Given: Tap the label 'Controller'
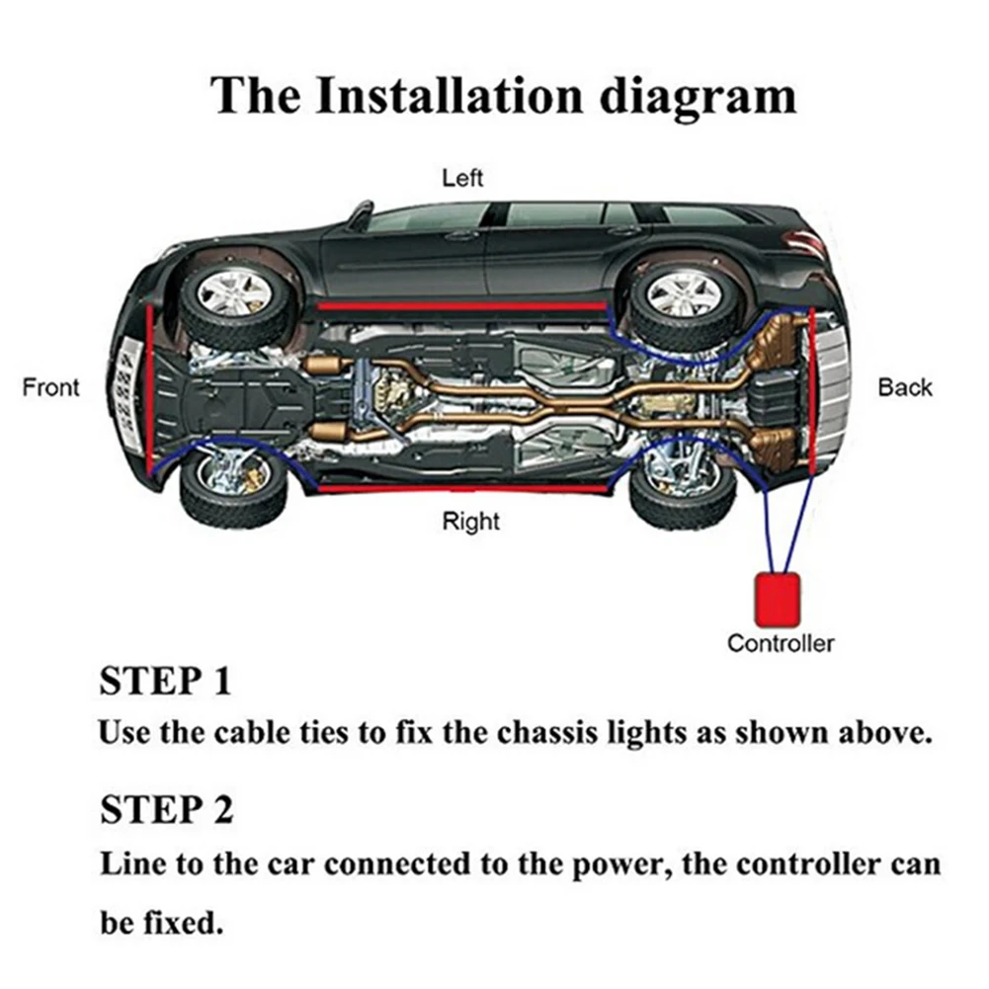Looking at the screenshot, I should tap(781, 644).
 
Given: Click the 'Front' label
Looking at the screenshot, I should tap(50, 387).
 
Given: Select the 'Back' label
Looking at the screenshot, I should tap(905, 387).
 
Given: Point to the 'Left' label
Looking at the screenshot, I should tap(462, 179).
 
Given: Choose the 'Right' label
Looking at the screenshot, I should tap(471, 521).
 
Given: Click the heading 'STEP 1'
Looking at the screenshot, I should tap(165, 681).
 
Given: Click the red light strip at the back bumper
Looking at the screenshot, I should tap(811, 390).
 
